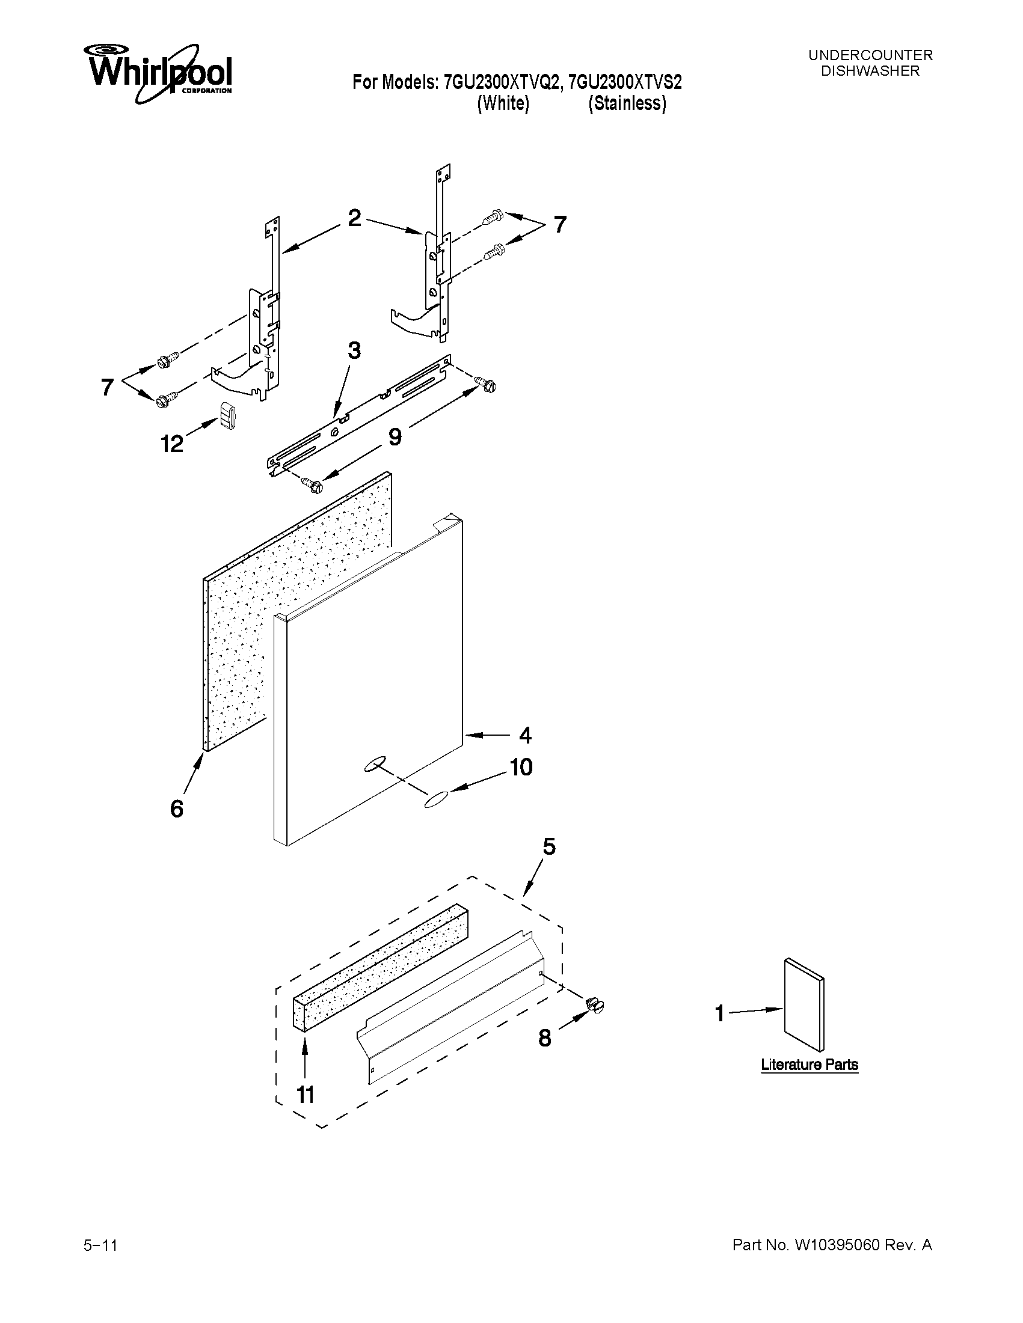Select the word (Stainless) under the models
627,103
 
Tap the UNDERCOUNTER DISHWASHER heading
870,63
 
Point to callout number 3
354,350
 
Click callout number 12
171,444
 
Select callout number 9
395,436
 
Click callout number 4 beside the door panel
525,735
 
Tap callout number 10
521,768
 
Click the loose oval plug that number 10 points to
436,799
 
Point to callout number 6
176,808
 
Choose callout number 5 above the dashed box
548,846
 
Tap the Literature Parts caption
809,1065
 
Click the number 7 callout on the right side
560,225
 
